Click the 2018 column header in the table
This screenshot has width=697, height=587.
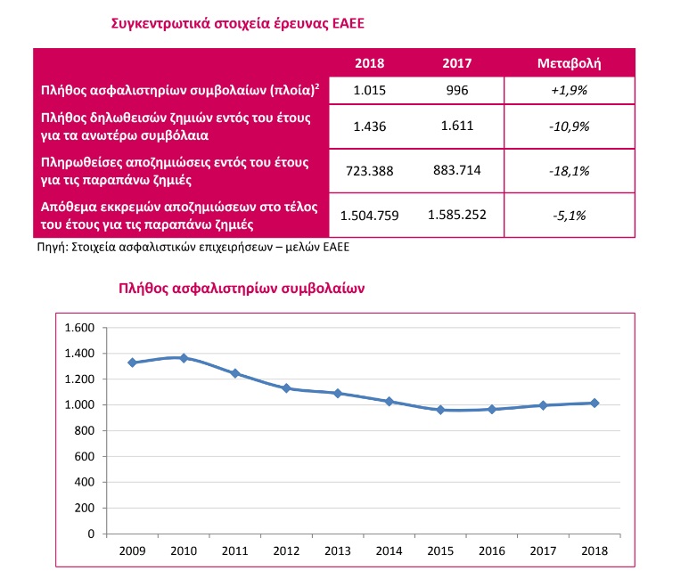368,63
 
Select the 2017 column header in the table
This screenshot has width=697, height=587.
456,63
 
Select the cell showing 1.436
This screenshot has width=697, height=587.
368,127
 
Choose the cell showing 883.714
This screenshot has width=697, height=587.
455,170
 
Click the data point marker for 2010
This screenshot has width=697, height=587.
184,358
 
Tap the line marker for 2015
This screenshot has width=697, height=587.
439,410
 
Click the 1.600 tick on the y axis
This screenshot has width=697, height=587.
79,328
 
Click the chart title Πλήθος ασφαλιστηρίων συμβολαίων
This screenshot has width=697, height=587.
242,289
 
